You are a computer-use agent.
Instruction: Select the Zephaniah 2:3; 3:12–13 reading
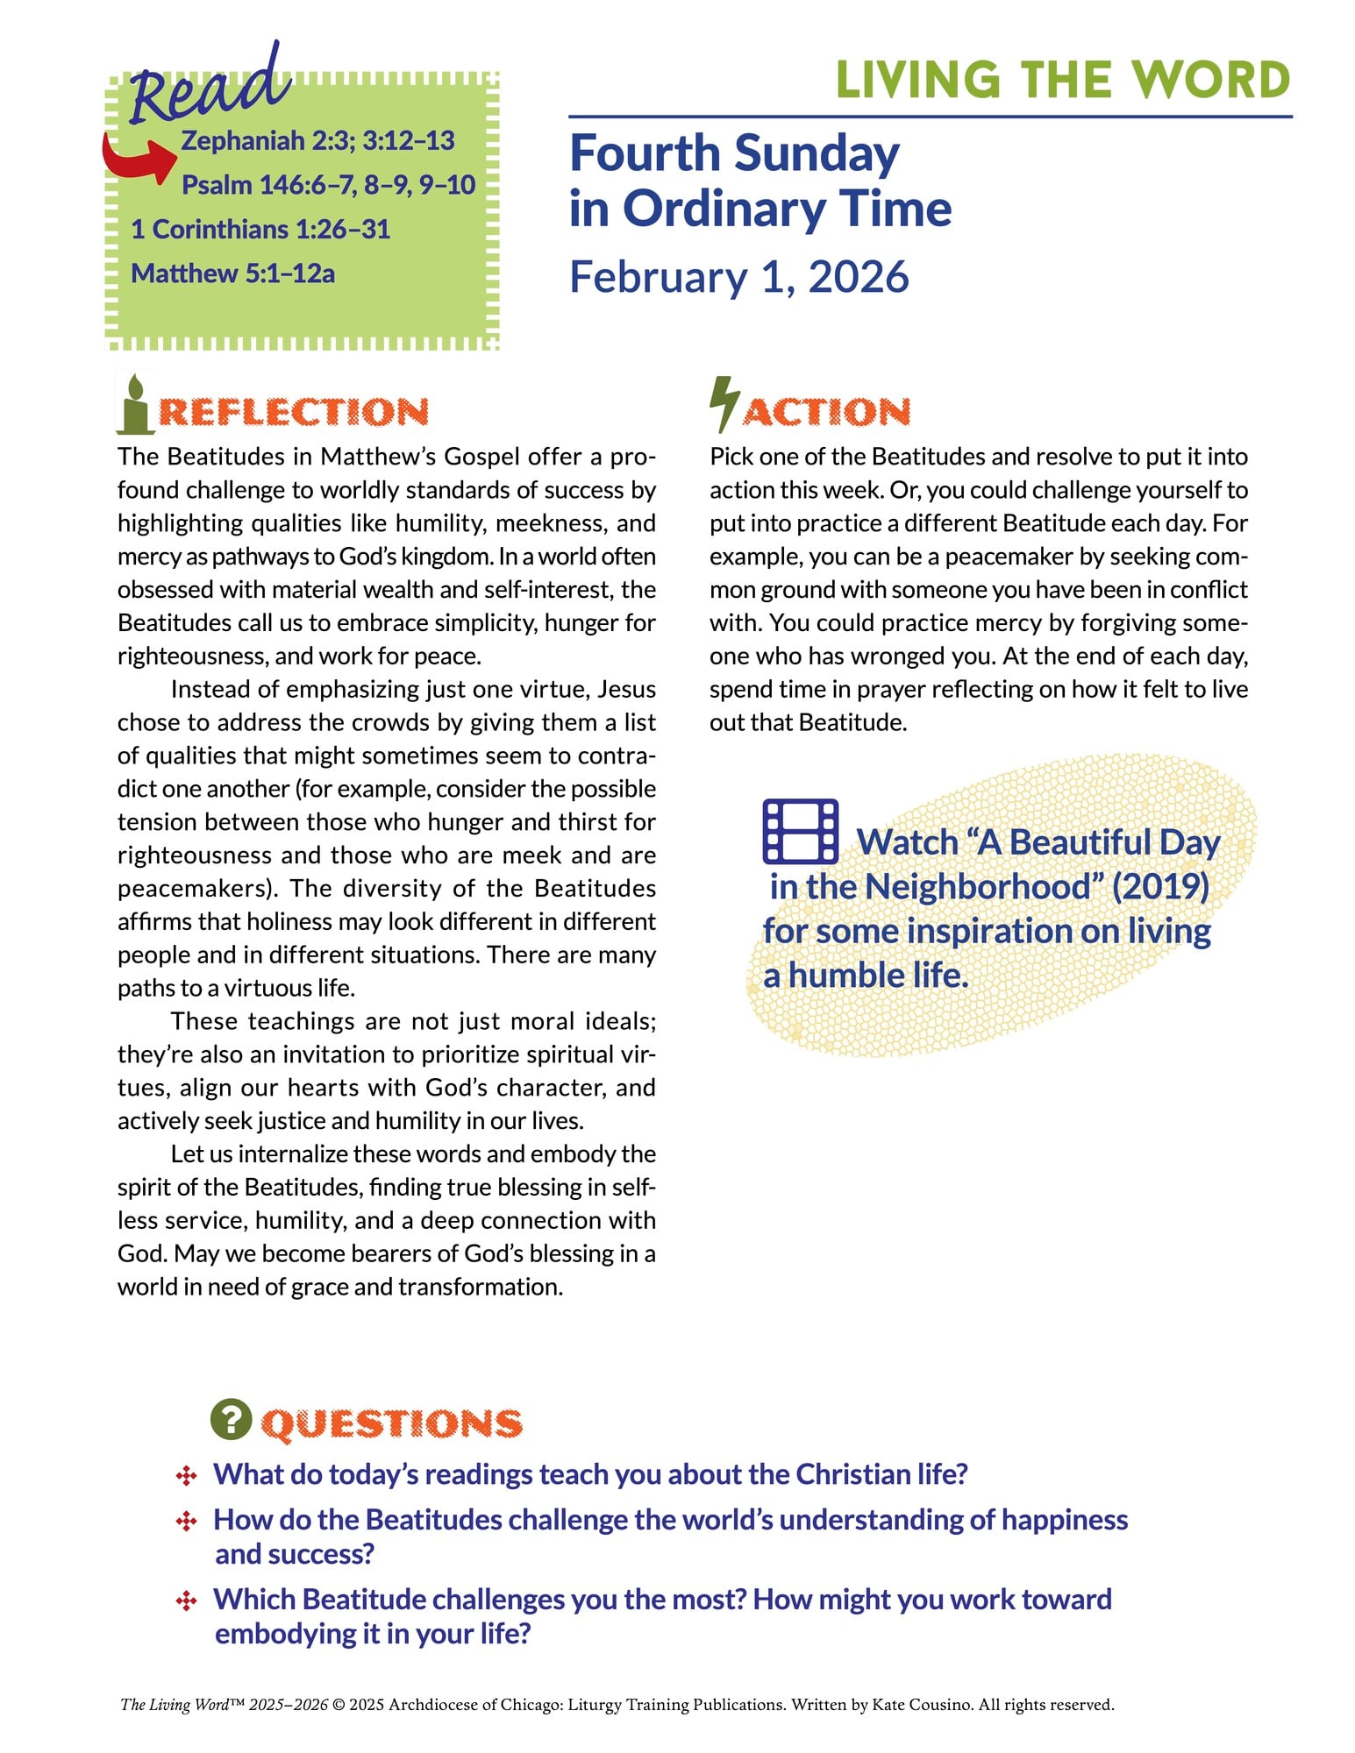pos(317,140)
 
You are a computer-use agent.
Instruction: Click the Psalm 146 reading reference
pos(328,185)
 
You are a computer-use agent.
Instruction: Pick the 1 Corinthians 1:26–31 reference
pos(260,230)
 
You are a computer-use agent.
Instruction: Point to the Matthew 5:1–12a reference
pos(232,274)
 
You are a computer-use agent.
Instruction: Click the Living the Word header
pos(1063,80)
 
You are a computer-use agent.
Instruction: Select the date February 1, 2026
pos(739,277)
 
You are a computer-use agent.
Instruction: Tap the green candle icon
pos(135,404)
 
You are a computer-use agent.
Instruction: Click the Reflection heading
pos(293,412)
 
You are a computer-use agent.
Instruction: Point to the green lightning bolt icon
pos(724,404)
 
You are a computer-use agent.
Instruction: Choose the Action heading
pos(827,412)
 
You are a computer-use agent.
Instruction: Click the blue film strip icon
pos(800,830)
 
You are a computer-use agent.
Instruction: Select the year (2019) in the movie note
pos(1160,886)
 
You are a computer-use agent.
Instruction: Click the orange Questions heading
pos(392,1423)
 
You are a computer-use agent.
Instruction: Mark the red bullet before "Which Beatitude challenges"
pos(186,1601)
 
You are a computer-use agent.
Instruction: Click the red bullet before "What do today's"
pos(186,1476)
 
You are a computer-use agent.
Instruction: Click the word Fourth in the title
pos(645,153)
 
